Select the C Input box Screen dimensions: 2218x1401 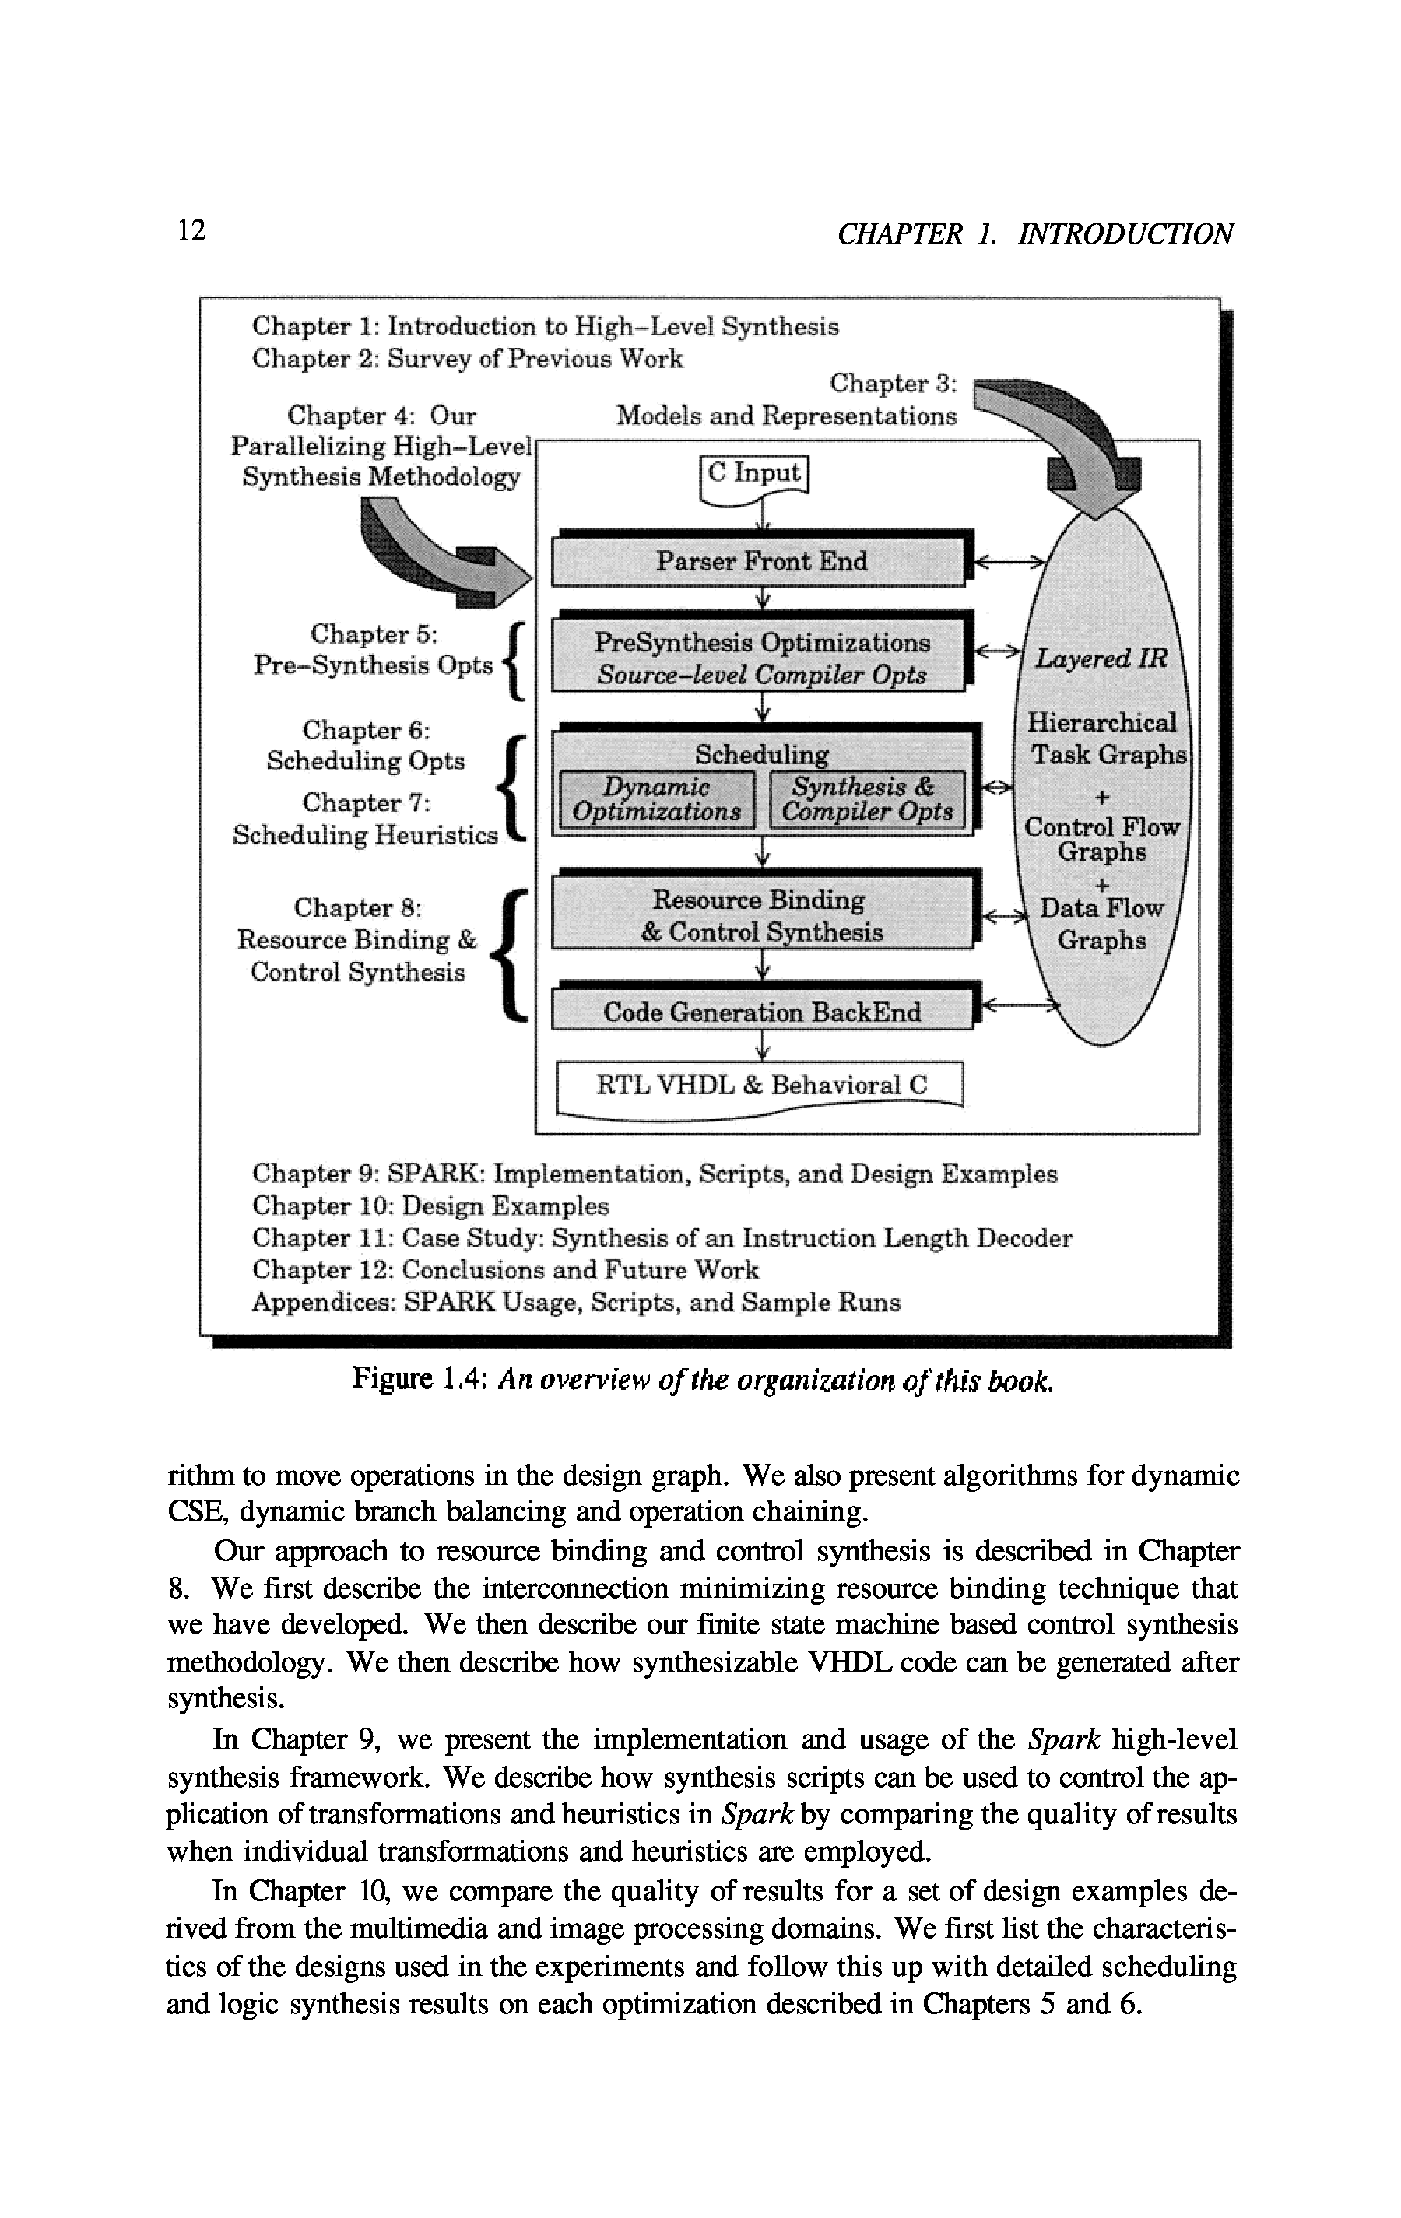pos(754,476)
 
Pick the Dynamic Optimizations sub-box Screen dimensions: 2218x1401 pos(657,798)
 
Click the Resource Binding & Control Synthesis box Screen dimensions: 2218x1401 pos(762,915)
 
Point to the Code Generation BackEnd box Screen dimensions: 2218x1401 pos(762,1012)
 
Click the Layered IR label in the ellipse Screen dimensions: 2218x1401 pos(1101,658)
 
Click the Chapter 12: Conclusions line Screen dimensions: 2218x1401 pos(505,1270)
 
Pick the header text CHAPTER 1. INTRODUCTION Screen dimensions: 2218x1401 pos(1034,234)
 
